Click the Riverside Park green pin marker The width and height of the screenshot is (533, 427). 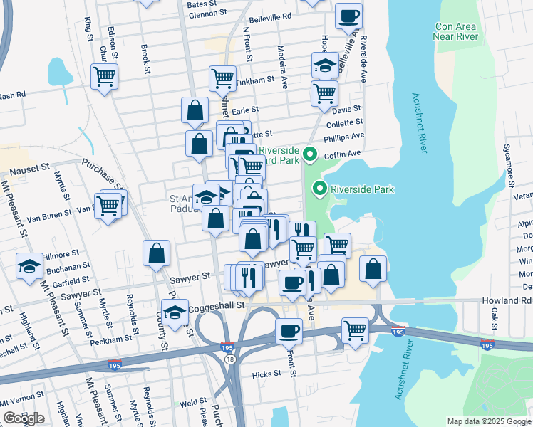coord(320,189)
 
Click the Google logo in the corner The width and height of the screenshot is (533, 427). coord(24,418)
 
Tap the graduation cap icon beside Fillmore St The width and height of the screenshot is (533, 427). coord(30,265)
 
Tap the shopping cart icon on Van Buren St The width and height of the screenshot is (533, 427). coord(108,206)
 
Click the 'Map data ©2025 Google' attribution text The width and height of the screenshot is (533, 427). coord(488,421)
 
